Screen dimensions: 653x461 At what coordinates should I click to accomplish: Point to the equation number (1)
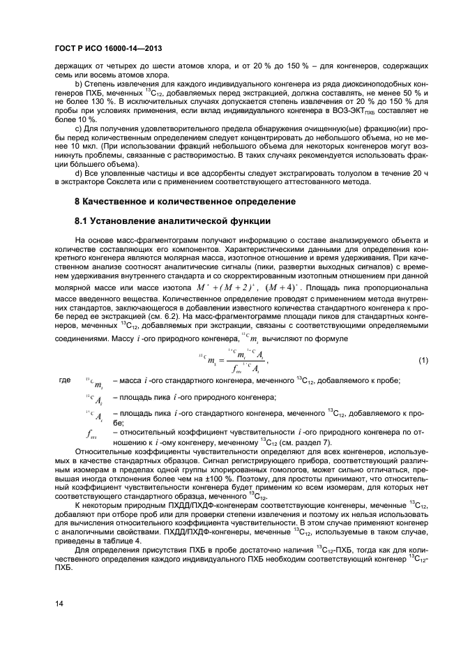point(422,360)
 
